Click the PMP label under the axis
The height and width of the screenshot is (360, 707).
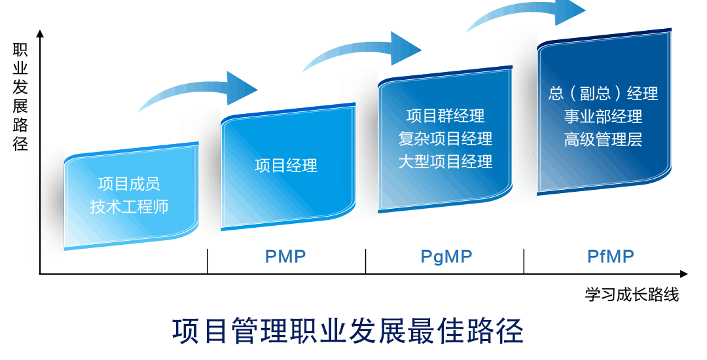pyautogui.click(x=285, y=257)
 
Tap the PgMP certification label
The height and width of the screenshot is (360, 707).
pyautogui.click(x=446, y=257)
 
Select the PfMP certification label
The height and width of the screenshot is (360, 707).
pyautogui.click(x=610, y=257)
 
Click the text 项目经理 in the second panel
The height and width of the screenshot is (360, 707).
pyautogui.click(x=286, y=166)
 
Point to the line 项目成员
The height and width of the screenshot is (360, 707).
pyautogui.click(x=129, y=184)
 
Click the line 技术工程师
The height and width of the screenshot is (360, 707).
pyautogui.click(x=129, y=207)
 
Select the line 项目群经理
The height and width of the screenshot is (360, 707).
pyautogui.click(x=445, y=116)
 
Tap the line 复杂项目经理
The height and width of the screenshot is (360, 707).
pyautogui.click(x=445, y=139)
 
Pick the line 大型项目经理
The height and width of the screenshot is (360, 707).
pyautogui.click(x=445, y=162)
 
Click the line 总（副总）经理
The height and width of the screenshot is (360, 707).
pyautogui.click(x=603, y=93)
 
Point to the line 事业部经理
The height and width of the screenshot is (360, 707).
pyautogui.click(x=603, y=117)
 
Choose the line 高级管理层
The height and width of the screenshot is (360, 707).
pyautogui.click(x=603, y=139)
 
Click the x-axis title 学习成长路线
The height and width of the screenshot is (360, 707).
pyautogui.click(x=632, y=295)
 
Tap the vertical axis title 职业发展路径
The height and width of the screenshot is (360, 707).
pyautogui.click(x=20, y=96)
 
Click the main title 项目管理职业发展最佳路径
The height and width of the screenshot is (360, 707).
pyautogui.click(x=348, y=331)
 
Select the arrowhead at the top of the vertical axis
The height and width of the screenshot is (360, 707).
pyautogui.click(x=40, y=33)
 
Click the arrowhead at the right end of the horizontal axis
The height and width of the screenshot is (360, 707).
pyautogui.click(x=684, y=274)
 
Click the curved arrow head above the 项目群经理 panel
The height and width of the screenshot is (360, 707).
pyautogui.click(x=406, y=48)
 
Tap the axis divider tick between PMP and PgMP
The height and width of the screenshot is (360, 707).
pyautogui.click(x=365, y=261)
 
